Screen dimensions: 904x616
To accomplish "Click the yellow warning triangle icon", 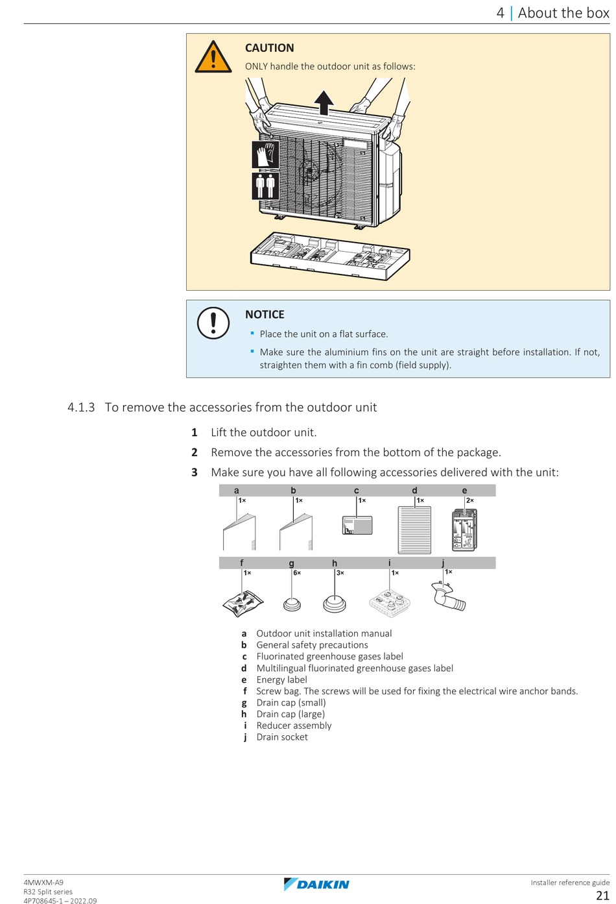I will (x=213, y=57).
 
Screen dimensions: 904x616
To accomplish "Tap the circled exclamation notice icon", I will (x=213, y=323).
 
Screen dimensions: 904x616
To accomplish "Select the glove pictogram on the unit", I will (x=266, y=155).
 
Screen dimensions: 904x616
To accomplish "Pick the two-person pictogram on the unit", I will (x=266, y=186).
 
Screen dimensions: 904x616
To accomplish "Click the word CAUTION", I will (x=269, y=48).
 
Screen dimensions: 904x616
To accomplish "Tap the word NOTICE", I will (x=265, y=315).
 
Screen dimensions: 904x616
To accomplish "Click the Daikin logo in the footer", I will (x=316, y=884).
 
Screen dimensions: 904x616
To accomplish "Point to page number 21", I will (x=602, y=896).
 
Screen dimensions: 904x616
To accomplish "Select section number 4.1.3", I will (x=81, y=408).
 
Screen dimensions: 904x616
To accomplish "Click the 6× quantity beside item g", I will (x=297, y=573).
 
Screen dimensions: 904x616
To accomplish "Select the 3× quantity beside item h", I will (x=340, y=573).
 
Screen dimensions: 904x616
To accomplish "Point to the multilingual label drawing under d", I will (x=414, y=530).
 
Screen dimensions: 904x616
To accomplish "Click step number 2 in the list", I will (x=194, y=452).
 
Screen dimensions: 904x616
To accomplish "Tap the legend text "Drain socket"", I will (x=282, y=737).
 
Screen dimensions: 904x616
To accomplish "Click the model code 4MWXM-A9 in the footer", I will (x=43, y=883).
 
